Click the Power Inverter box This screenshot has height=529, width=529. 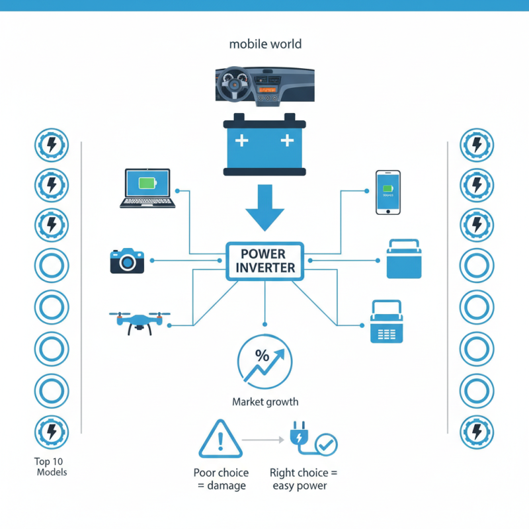(x=264, y=261)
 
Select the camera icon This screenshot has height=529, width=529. (x=127, y=261)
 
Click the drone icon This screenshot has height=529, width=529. (x=140, y=320)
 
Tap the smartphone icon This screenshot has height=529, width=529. (x=388, y=192)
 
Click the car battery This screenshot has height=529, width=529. (x=264, y=144)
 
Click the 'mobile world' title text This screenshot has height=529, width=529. (x=264, y=44)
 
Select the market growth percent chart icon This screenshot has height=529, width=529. (x=264, y=362)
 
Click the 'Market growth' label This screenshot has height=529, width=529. (x=264, y=401)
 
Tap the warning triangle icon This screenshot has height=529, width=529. (x=221, y=438)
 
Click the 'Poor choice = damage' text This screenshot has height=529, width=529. (x=221, y=479)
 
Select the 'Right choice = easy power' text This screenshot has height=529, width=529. (x=304, y=479)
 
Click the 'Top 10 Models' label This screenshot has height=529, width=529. (x=52, y=467)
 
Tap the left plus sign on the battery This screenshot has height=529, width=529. (x=242, y=140)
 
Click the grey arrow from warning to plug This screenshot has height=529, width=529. (x=263, y=439)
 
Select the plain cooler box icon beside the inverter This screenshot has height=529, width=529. (x=403, y=259)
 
